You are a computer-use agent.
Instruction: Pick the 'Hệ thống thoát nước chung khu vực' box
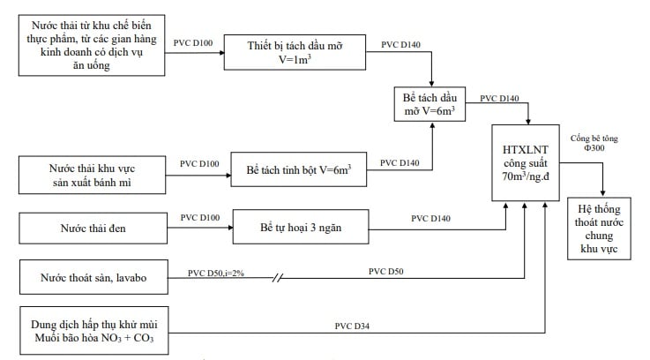602,228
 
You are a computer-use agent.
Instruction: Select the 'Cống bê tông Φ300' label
586,143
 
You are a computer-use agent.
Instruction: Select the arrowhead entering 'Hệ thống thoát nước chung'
602,192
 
